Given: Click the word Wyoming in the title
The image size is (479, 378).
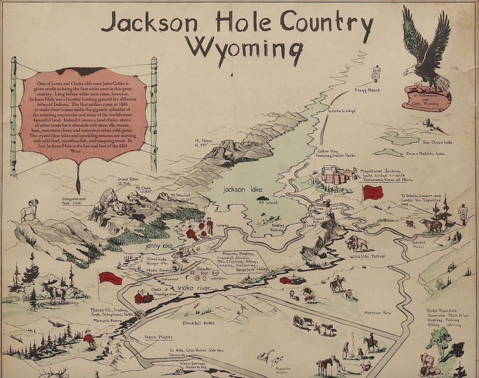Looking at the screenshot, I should tap(248, 47).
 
